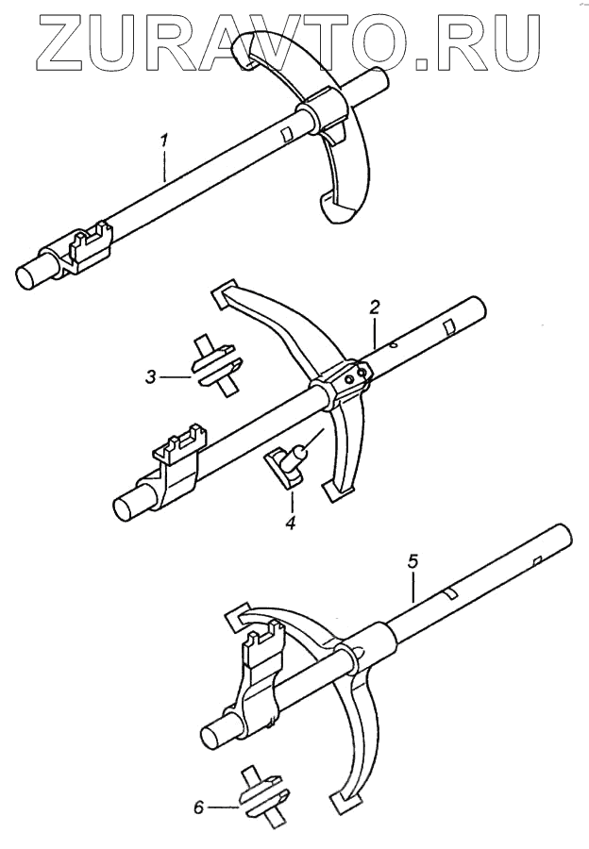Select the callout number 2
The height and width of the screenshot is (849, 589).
pos(375,308)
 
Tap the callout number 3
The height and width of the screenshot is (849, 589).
pos(151,377)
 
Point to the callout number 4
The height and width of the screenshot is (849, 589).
pos(291,522)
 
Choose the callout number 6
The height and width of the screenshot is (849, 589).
pos(197,807)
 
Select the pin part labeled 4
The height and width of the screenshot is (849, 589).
pos(289,462)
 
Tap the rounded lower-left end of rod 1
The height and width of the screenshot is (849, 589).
pos(31,276)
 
